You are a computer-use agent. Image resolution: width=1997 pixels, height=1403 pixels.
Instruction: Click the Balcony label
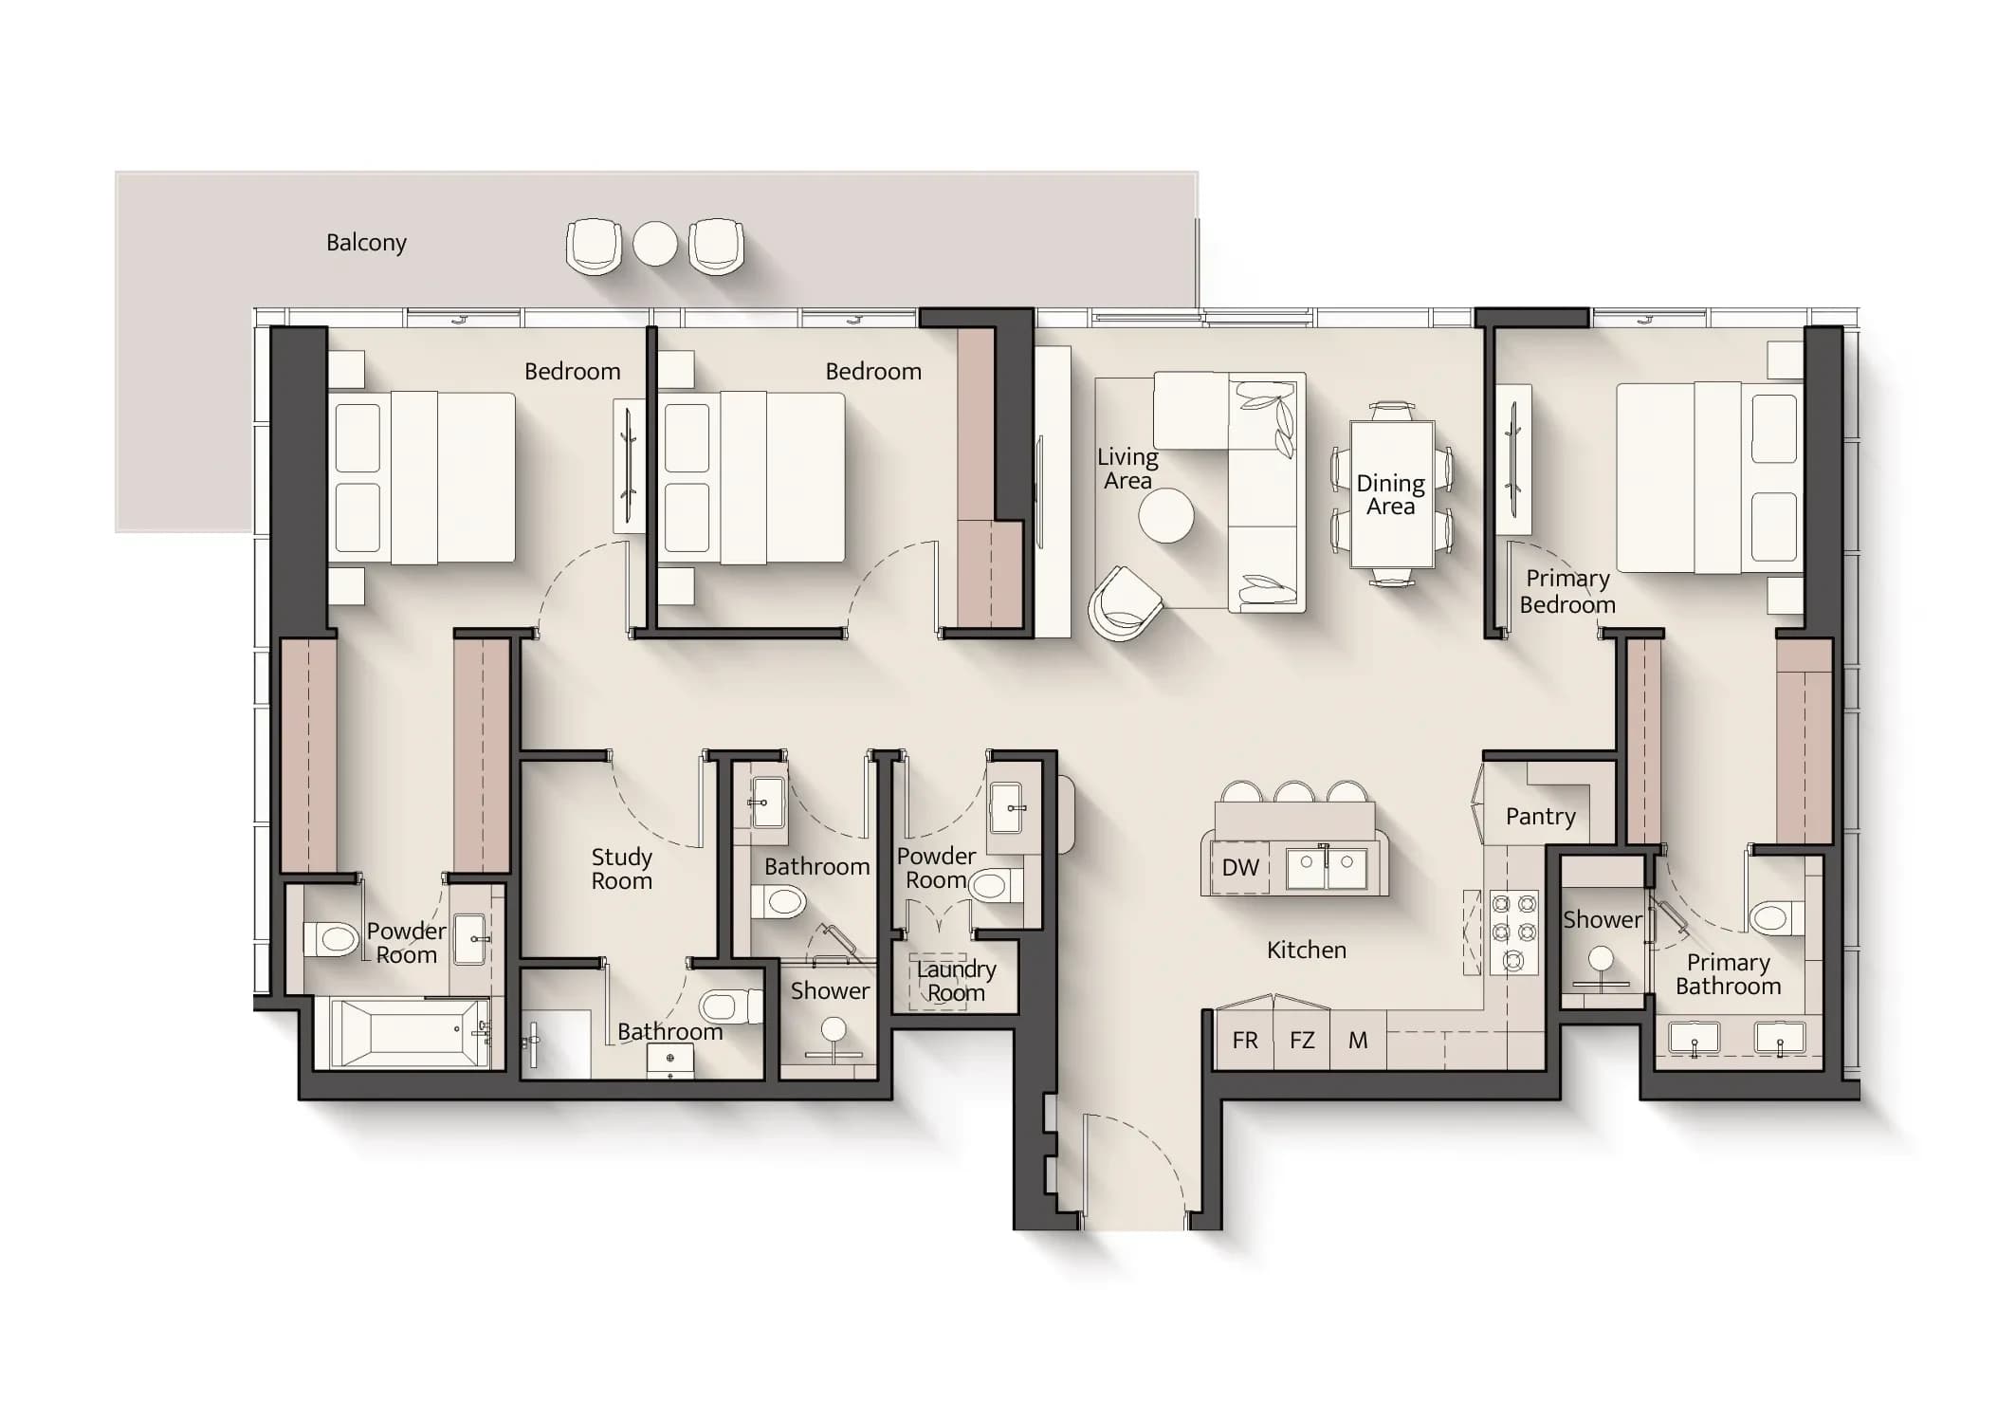366,243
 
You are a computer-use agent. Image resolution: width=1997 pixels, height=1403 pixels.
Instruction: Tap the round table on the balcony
655,244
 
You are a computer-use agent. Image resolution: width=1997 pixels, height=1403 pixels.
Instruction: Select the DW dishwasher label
1240,867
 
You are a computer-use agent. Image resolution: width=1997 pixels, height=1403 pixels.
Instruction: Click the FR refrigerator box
1244,1040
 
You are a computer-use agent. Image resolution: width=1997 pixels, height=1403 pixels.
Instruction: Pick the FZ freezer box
1302,1040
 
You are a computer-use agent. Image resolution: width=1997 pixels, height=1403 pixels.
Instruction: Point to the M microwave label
1358,1041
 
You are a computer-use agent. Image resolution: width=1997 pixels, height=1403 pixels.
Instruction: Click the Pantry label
1541,817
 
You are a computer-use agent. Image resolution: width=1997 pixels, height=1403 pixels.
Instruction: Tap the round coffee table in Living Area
1166,515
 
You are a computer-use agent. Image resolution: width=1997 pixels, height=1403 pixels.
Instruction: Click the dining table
1392,493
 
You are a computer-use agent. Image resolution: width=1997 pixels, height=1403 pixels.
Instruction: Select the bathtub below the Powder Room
409,1033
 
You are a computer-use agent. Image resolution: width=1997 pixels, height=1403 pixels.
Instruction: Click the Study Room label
622,869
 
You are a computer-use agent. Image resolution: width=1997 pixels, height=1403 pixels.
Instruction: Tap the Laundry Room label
956,981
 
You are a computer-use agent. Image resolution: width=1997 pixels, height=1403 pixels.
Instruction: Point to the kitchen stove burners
1513,932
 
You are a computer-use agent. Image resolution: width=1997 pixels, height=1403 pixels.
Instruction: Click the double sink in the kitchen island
1327,868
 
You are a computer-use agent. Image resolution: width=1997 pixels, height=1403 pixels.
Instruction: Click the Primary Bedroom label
1567,592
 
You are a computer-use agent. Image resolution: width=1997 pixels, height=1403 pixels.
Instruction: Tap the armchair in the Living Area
1125,603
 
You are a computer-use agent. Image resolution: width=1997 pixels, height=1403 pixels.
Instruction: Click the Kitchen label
1307,950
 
